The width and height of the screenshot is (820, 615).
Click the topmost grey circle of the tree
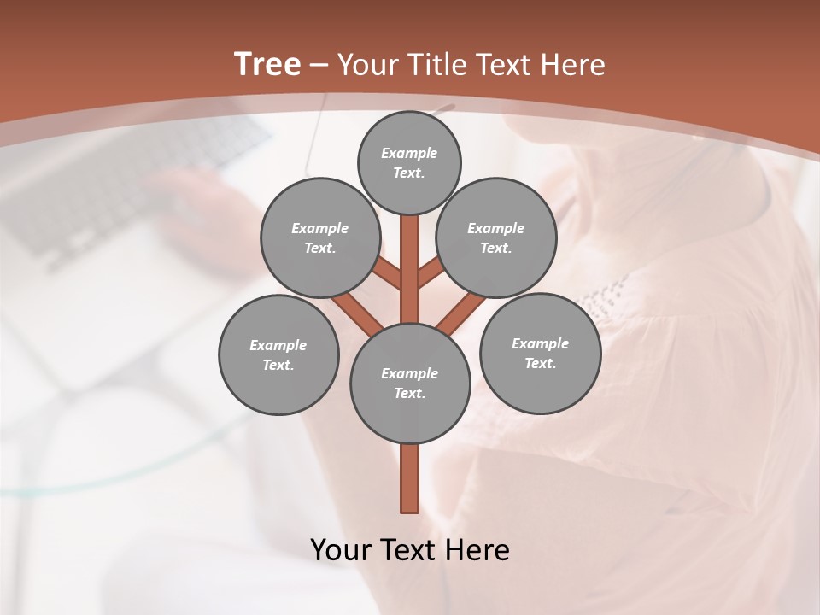(x=409, y=162)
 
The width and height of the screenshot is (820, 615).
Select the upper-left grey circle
(x=319, y=237)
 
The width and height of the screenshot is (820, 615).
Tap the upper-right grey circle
(x=496, y=237)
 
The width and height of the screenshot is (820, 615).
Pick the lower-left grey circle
(x=278, y=354)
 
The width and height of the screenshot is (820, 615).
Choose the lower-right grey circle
(x=540, y=353)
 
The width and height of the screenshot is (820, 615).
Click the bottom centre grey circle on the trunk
(x=410, y=383)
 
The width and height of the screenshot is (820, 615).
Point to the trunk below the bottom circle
(x=410, y=478)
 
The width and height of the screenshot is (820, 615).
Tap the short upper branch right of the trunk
(x=430, y=274)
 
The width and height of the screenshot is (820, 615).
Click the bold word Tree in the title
(x=267, y=64)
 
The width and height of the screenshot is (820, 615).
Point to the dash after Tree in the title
(x=319, y=65)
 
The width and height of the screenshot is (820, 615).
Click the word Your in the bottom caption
(x=342, y=550)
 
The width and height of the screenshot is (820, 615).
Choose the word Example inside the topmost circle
(x=409, y=153)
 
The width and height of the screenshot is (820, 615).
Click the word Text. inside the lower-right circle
(x=540, y=363)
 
